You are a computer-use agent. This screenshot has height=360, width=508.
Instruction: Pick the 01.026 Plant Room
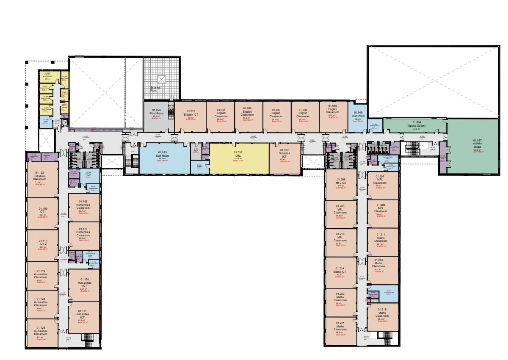pos(159,116)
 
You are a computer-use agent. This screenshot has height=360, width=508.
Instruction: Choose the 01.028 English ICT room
pos(190,116)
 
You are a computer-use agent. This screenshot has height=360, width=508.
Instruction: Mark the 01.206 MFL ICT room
pos(341,184)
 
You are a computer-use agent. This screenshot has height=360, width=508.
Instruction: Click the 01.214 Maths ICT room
pos(341,272)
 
